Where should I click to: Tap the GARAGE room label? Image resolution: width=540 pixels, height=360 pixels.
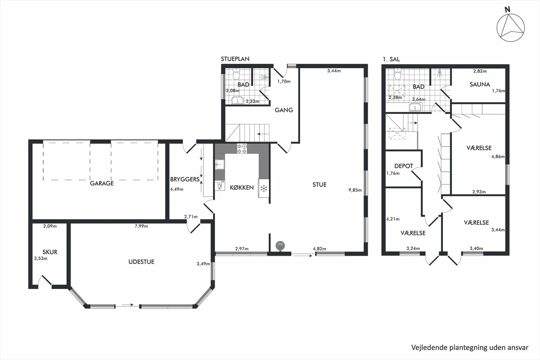pyautogui.click(x=102, y=183)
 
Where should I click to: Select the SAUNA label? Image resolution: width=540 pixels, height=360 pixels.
pyautogui.click(x=480, y=84)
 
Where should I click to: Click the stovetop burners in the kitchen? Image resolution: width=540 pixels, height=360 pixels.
pyautogui.click(x=242, y=148)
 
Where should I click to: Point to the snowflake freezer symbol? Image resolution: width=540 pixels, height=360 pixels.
pyautogui.click(x=264, y=189)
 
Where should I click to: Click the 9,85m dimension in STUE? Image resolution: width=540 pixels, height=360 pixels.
pyautogui.click(x=355, y=190)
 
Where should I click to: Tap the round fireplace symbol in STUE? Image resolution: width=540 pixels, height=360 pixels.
pyautogui.click(x=280, y=245)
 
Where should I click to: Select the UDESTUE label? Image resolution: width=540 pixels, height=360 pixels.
pyautogui.click(x=141, y=262)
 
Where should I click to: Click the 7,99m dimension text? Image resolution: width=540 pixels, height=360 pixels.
pyautogui.click(x=141, y=226)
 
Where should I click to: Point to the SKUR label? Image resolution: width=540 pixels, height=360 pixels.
pyautogui.click(x=50, y=252)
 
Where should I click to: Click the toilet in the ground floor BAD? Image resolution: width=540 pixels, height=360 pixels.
pyautogui.click(x=236, y=74)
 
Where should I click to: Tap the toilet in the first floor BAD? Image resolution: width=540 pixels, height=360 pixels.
pyautogui.click(x=397, y=74)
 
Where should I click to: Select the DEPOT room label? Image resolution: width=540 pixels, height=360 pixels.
pyautogui.click(x=404, y=166)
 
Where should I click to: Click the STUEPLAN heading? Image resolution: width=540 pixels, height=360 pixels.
pyautogui.click(x=235, y=59)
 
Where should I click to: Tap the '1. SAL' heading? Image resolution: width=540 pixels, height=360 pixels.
pyautogui.click(x=391, y=59)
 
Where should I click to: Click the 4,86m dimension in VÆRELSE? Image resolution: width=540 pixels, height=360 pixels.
pyautogui.click(x=498, y=156)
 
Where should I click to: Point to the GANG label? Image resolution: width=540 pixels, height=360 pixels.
pyautogui.click(x=284, y=110)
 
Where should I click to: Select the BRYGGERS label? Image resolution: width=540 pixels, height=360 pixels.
pyautogui.click(x=185, y=179)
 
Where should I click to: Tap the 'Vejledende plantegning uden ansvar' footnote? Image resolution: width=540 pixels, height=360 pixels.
pyautogui.click(x=470, y=348)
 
